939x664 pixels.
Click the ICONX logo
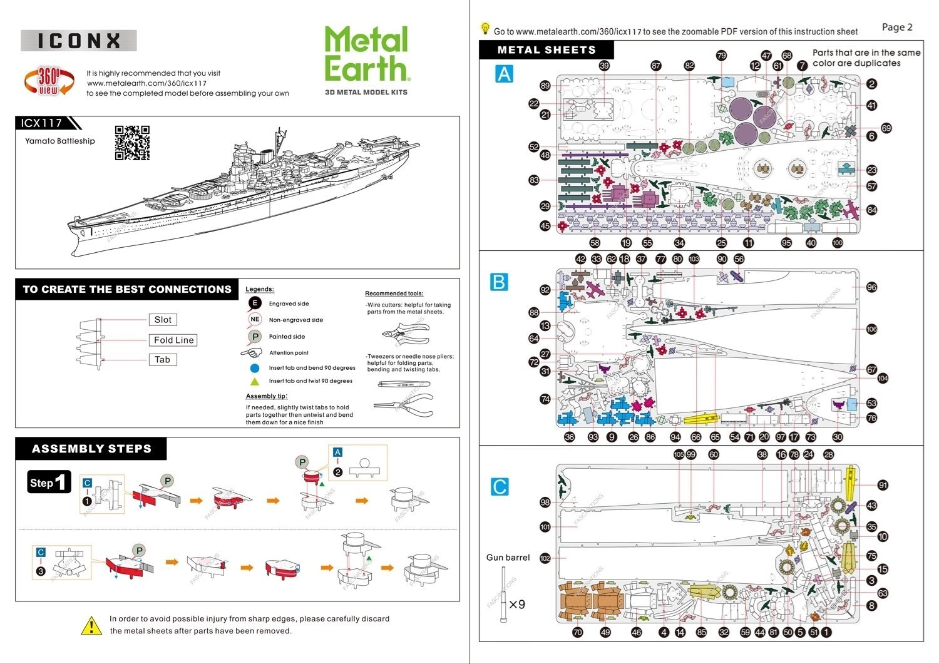(79, 41)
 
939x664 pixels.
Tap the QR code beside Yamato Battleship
(132, 143)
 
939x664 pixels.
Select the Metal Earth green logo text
(366, 54)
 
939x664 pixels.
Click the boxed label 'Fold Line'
(173, 340)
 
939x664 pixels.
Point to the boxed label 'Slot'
(163, 320)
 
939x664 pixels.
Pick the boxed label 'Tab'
(162, 360)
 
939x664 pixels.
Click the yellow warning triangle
(91, 625)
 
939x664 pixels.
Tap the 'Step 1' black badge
(49, 483)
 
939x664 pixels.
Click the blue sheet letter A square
(504, 74)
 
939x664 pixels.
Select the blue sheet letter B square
(499, 282)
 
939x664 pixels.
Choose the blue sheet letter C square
(500, 486)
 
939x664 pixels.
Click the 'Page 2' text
(897, 27)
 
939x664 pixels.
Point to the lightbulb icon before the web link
(485, 29)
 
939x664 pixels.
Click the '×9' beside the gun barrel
(516, 605)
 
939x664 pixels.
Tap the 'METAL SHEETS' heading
(546, 50)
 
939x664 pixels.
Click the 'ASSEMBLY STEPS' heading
(91, 449)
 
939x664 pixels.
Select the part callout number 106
(871, 329)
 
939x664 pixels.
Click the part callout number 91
(883, 485)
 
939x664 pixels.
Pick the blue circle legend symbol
(255, 368)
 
